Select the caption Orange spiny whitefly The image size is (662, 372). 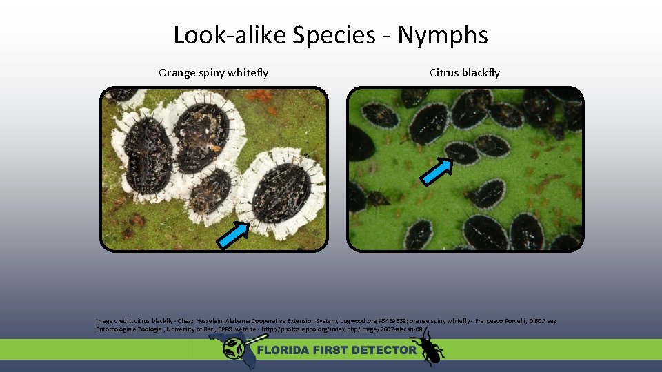tap(213, 72)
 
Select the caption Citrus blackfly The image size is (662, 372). tap(464, 72)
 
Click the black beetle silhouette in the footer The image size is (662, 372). tap(428, 346)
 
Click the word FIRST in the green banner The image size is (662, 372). tap(333, 350)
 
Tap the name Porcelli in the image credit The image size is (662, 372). tap(513, 321)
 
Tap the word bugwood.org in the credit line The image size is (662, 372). tap(356, 321)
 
